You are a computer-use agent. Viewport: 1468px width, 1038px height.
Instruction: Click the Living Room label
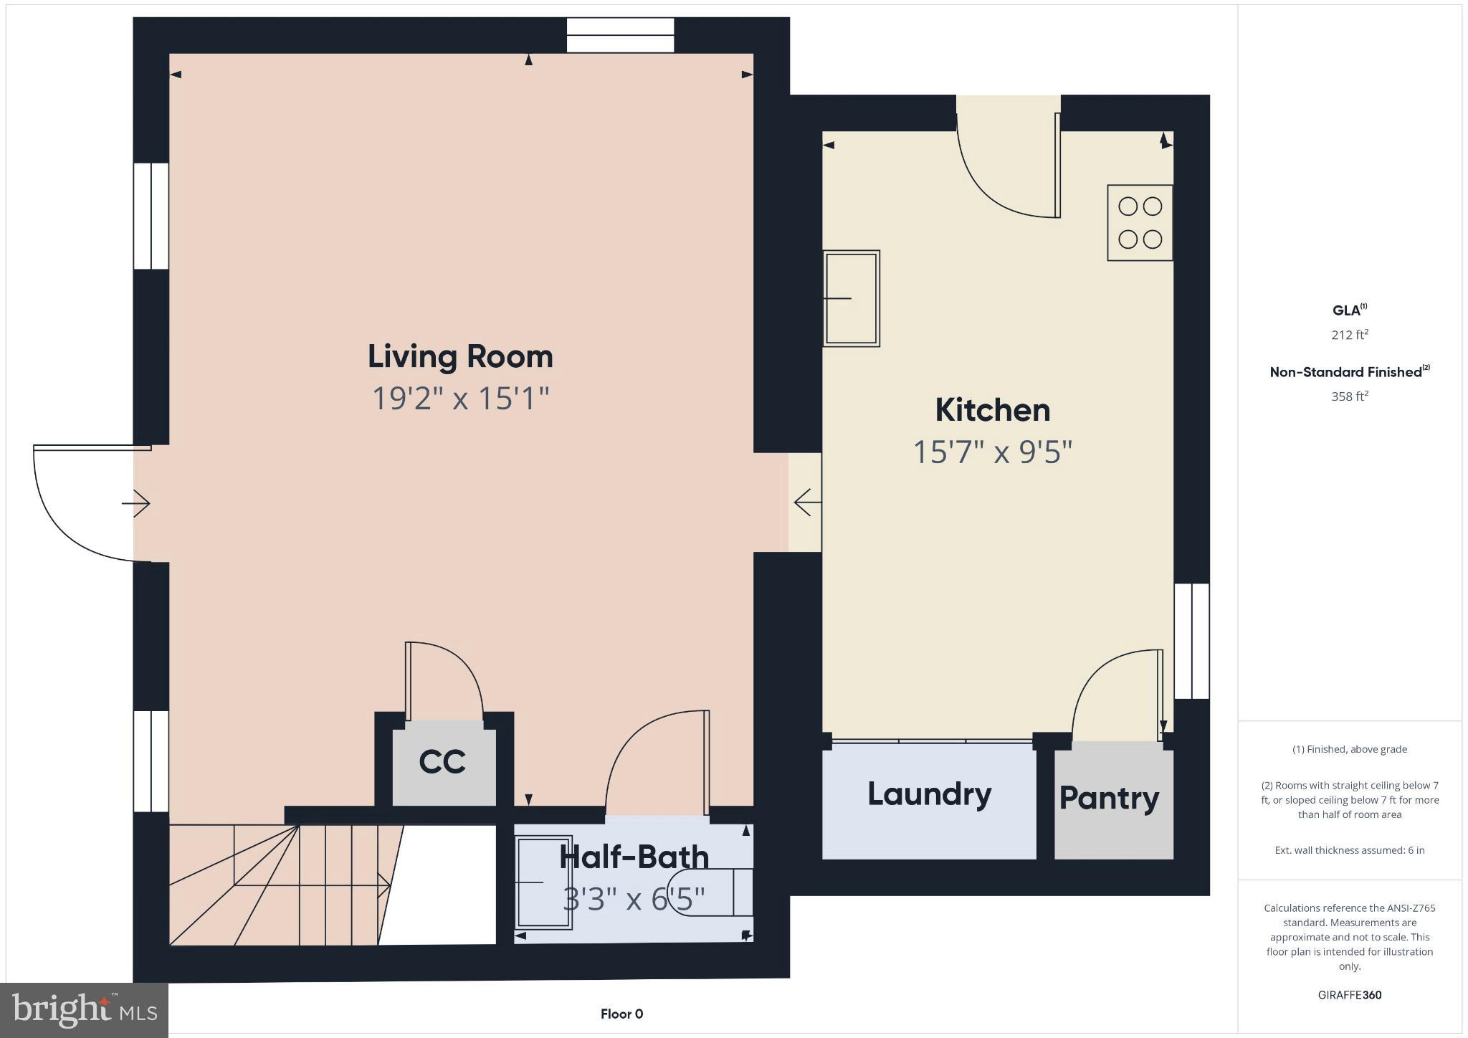point(460,357)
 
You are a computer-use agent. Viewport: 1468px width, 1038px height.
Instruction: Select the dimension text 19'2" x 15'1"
point(460,399)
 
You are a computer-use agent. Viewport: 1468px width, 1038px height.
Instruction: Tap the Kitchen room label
point(992,410)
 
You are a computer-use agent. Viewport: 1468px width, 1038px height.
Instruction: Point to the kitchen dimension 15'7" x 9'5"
point(992,452)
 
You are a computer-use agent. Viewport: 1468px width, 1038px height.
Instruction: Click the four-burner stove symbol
point(1140,222)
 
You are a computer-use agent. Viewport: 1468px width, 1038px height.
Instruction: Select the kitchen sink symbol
point(851,298)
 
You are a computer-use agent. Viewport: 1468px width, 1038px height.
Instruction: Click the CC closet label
point(442,762)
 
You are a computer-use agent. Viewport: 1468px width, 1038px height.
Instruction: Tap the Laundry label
point(929,794)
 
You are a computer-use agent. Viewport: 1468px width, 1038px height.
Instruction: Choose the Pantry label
point(1109,799)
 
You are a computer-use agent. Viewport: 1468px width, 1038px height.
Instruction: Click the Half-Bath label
point(634,857)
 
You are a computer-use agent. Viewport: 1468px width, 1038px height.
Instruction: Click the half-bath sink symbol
point(543,882)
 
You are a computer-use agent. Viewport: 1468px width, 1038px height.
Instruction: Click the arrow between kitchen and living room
point(807,503)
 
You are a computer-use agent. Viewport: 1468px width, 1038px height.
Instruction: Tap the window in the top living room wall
point(620,35)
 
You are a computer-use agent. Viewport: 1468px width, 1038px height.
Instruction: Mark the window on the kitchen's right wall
point(1191,641)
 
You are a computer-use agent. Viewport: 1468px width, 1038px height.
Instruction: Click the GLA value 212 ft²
point(1350,335)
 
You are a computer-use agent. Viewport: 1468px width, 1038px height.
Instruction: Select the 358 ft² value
point(1350,396)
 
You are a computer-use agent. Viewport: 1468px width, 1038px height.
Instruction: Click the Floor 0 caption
point(621,1014)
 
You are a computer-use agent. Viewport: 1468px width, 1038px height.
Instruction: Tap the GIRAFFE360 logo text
point(1349,995)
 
